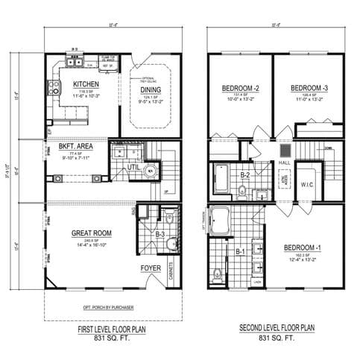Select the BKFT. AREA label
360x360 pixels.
[74, 148]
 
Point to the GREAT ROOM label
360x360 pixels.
[92, 233]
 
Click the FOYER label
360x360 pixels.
[151, 267]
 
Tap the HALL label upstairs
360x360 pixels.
[284, 161]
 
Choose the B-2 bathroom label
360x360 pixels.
[244, 176]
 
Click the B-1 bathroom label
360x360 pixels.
[240, 252]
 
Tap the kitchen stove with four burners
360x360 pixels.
[54, 89]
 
